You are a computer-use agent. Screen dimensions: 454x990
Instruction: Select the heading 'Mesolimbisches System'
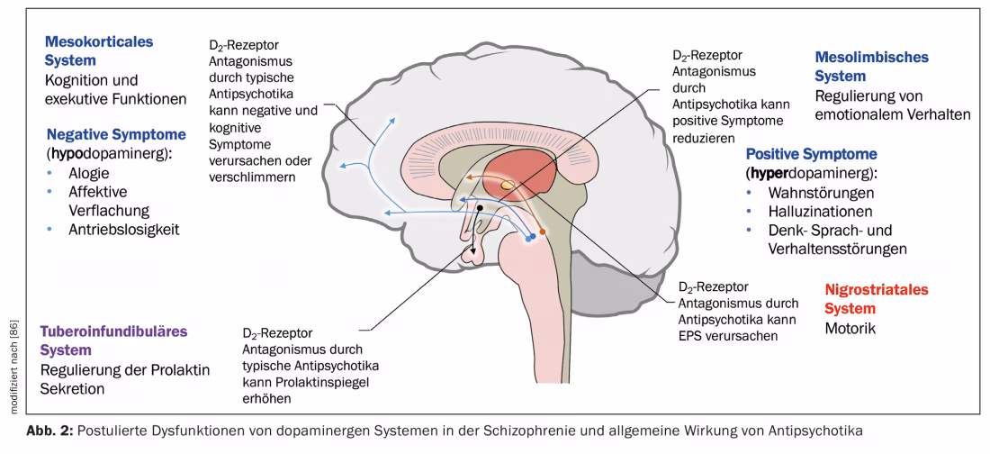871,67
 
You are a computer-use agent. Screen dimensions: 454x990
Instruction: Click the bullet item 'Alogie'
89,174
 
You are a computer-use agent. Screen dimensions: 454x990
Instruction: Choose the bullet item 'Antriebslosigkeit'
125,229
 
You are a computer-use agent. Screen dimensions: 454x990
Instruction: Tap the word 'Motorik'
850,329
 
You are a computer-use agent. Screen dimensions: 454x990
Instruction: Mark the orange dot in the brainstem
543,232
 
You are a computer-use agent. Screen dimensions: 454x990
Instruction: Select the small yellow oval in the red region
508,186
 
